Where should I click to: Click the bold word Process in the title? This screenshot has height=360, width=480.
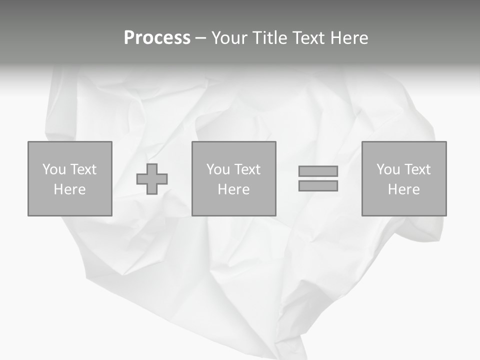[x=157, y=38]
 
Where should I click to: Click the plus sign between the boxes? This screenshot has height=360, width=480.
[x=152, y=178]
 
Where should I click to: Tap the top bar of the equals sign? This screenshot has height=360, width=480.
[x=318, y=171]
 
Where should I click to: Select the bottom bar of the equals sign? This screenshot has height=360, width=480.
[x=318, y=185]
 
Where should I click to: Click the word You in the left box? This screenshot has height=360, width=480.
[x=54, y=169]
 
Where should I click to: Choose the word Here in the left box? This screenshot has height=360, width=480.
[x=69, y=189]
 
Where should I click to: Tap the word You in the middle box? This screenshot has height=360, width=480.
[x=218, y=169]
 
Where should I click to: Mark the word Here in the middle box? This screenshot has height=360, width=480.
[x=233, y=189]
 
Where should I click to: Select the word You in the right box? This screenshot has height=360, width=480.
[x=388, y=169]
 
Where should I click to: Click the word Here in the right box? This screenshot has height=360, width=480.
[x=403, y=189]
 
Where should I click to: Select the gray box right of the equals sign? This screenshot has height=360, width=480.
[x=404, y=205]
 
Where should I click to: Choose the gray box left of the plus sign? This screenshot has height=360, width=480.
[x=70, y=205]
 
